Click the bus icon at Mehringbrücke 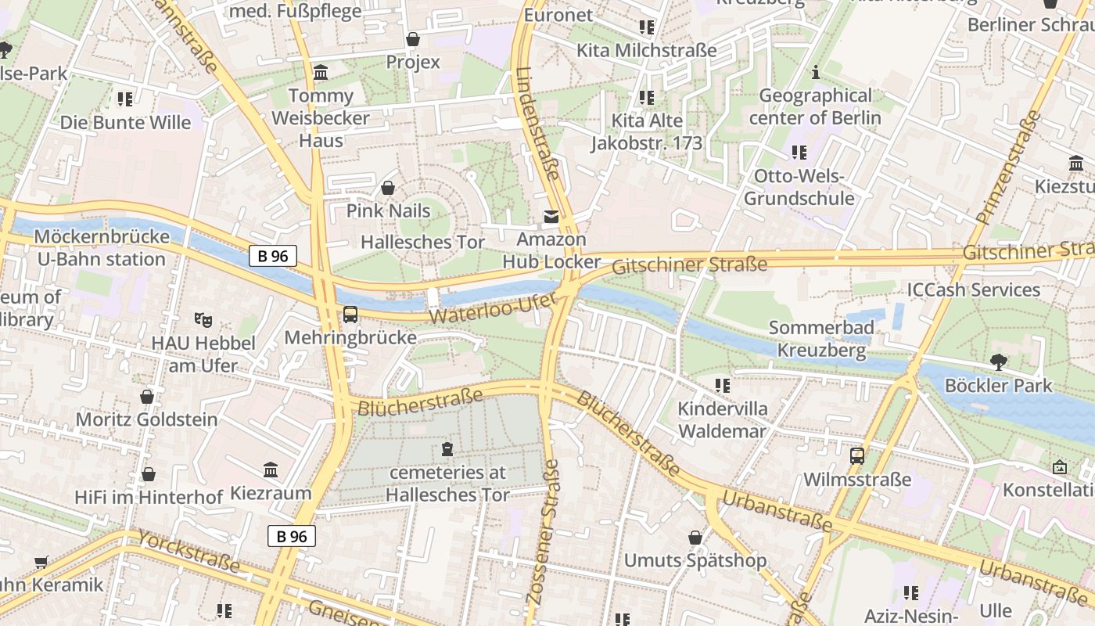pyautogui.click(x=350, y=315)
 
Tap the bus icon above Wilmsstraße pyautogui.click(x=857, y=455)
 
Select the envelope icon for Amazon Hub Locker pyautogui.click(x=551, y=217)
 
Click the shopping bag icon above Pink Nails pyautogui.click(x=388, y=188)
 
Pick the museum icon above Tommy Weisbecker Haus pyautogui.click(x=321, y=73)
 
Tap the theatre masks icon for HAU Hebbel pyautogui.click(x=203, y=319)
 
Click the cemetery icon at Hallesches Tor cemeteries pyautogui.click(x=447, y=449)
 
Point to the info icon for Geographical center pyautogui.click(x=816, y=72)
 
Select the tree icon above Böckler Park pyautogui.click(x=998, y=362)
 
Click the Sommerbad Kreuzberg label pyautogui.click(x=821, y=339)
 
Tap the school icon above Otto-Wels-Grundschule pyautogui.click(x=799, y=152)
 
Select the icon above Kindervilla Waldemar pyautogui.click(x=723, y=386)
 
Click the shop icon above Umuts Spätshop pyautogui.click(x=695, y=538)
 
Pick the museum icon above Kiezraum pyautogui.click(x=271, y=470)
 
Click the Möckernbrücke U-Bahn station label pyautogui.click(x=102, y=248)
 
